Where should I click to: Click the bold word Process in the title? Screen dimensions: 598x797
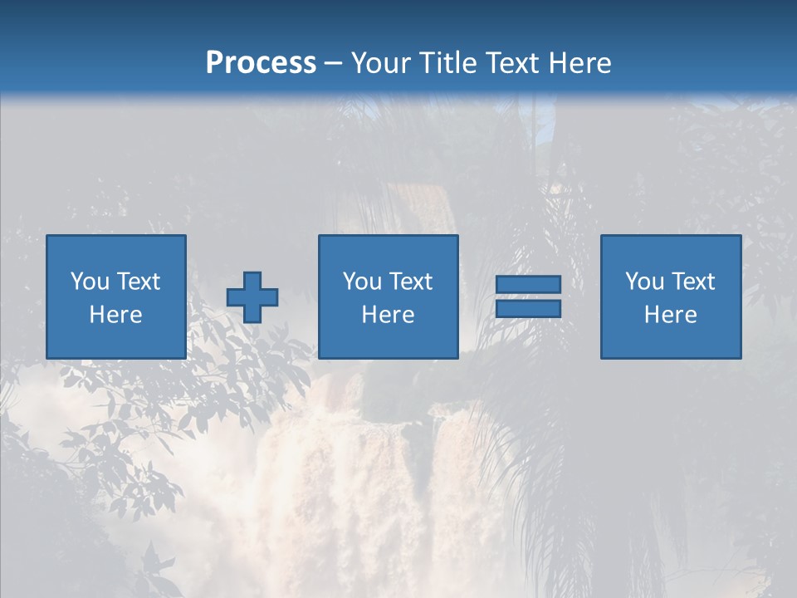[261, 63]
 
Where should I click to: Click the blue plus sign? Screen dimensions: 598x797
[252, 297]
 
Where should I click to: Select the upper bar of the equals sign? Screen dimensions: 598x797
[528, 285]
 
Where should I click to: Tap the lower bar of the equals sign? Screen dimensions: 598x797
[528, 309]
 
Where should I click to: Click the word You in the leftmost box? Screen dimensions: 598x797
[90, 282]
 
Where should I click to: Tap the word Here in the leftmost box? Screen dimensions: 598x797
[116, 315]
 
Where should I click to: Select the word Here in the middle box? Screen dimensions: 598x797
[389, 315]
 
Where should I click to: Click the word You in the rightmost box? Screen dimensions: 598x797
[644, 282]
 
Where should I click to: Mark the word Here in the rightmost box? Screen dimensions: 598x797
[671, 315]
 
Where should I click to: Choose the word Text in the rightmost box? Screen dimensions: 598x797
[694, 282]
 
